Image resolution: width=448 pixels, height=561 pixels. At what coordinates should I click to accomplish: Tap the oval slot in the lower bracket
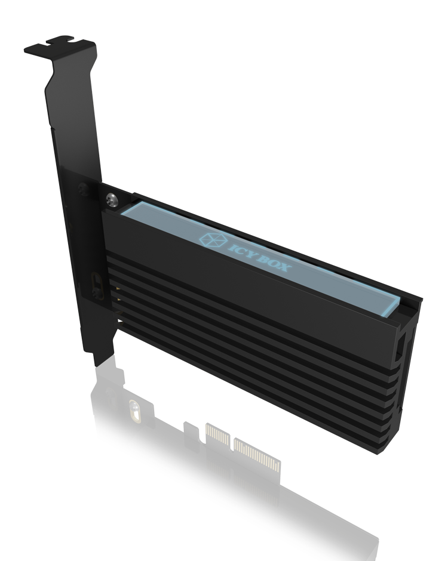coord(96,281)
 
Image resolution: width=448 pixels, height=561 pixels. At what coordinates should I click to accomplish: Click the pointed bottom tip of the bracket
coord(99,362)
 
